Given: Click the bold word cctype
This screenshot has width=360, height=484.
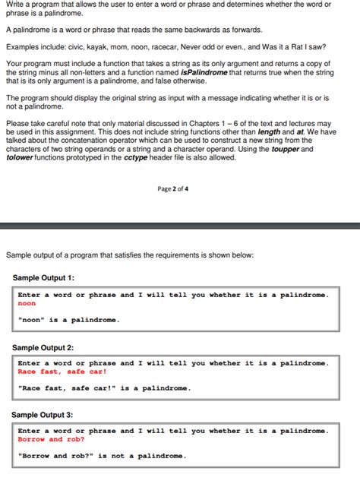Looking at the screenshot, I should point(126,157).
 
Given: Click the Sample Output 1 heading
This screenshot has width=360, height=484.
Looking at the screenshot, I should point(43,278).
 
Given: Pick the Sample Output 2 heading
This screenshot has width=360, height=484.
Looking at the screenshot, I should point(43,347).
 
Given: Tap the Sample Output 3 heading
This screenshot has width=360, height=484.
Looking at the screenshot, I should point(43,415).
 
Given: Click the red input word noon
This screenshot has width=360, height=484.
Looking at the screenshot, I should point(27,304).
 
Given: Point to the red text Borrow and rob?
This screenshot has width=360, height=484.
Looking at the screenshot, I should point(51,439).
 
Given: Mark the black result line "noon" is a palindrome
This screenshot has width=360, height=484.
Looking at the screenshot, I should point(68,320).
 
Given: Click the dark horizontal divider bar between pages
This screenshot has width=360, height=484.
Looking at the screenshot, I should point(180,226).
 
